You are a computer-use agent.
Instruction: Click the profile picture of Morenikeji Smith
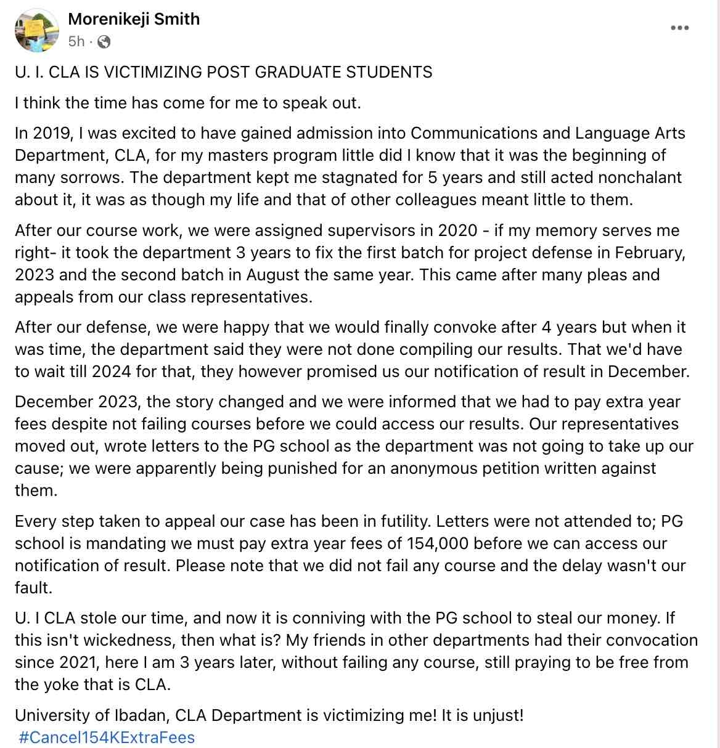pos(36,30)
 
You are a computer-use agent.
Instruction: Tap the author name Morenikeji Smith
pos(134,19)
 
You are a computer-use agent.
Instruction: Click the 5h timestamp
pos(76,41)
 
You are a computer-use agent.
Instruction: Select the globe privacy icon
pos(104,42)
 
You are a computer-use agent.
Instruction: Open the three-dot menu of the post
pos(679,28)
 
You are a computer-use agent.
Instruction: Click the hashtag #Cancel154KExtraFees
pos(107,738)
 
